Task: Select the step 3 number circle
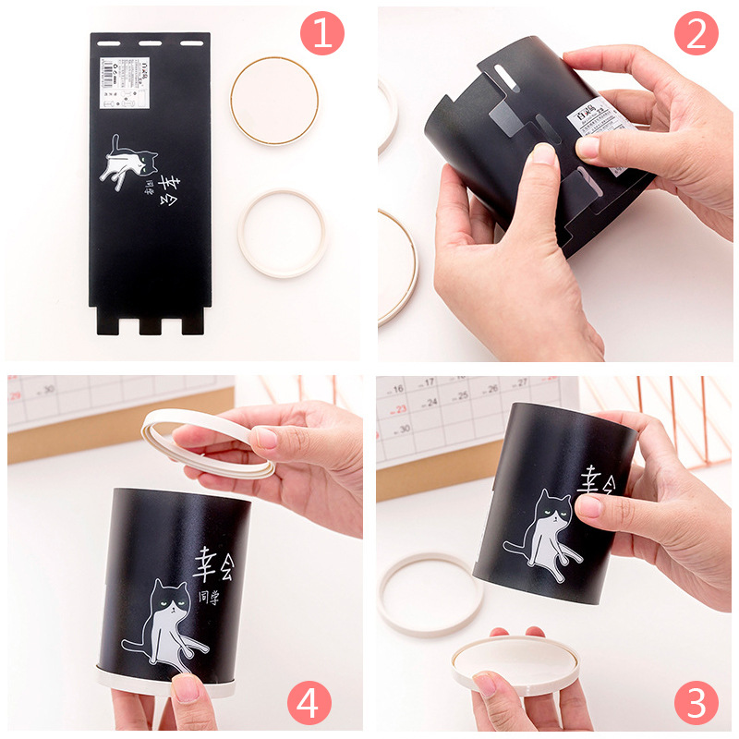pos(696,704)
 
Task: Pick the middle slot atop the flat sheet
pos(150,42)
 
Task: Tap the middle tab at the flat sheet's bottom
pos(150,326)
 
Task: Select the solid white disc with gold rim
pos(274,100)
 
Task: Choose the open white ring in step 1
pos(282,234)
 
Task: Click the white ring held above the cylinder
pos(208,443)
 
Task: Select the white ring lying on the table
pos(430,594)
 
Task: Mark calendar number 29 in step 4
pos(16,395)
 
